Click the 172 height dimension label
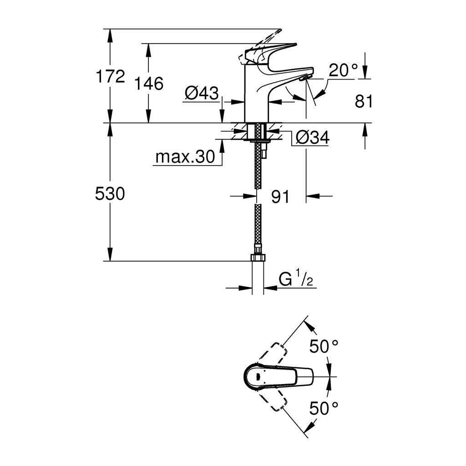[x=110, y=76]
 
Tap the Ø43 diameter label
[x=201, y=94]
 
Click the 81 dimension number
[x=364, y=102]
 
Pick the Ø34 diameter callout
[x=312, y=137]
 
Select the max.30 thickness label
[x=184, y=157]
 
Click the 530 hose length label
[x=110, y=194]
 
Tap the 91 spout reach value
[x=280, y=197]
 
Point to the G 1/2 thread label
[x=296, y=279]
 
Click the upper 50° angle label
[x=324, y=346]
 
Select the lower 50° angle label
[x=324, y=408]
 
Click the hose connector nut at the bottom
[x=258, y=258]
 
